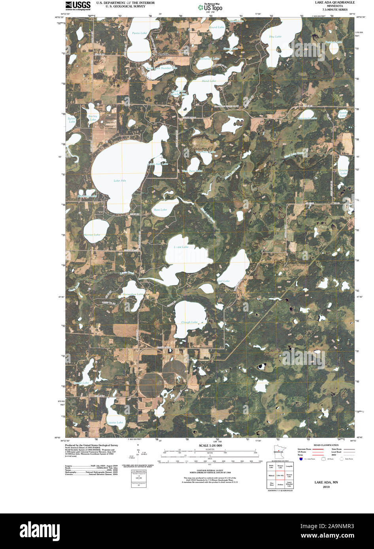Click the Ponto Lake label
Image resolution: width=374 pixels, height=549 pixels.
(x=139, y=33)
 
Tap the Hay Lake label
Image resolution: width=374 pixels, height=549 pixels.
(x=275, y=37)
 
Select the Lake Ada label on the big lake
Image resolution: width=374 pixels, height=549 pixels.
(x=120, y=180)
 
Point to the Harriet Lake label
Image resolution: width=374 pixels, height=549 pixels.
(x=92, y=235)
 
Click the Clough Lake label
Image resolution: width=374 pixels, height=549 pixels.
(x=189, y=322)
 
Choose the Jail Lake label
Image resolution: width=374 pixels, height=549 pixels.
(x=223, y=281)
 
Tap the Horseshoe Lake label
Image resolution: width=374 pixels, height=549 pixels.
(x=133, y=294)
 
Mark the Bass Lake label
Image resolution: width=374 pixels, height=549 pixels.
(x=160, y=210)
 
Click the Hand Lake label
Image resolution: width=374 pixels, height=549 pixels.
(x=209, y=81)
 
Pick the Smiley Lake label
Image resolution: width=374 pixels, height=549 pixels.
(x=93, y=118)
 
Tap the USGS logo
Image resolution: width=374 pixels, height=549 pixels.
(x=78, y=5)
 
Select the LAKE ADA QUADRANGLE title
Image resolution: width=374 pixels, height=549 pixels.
(x=334, y=2)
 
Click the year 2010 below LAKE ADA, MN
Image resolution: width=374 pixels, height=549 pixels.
(x=326, y=487)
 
